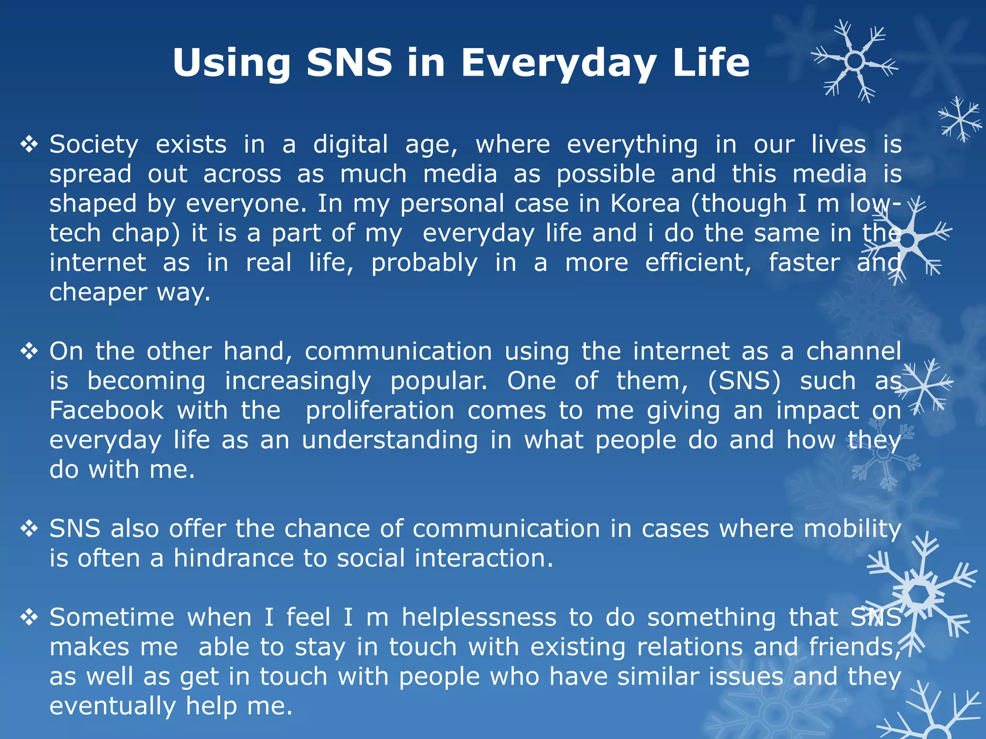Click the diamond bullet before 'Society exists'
(29, 144)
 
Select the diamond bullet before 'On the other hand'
(29, 351)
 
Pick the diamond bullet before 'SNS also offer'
(29, 529)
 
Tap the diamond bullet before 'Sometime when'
(29, 617)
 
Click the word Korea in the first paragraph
(645, 204)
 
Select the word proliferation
(380, 410)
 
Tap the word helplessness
(479, 617)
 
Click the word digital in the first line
(350, 144)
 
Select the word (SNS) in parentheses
(744, 381)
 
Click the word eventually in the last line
(113, 706)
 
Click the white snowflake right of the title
(855, 61)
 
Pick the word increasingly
(298, 381)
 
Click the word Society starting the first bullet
(94, 144)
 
